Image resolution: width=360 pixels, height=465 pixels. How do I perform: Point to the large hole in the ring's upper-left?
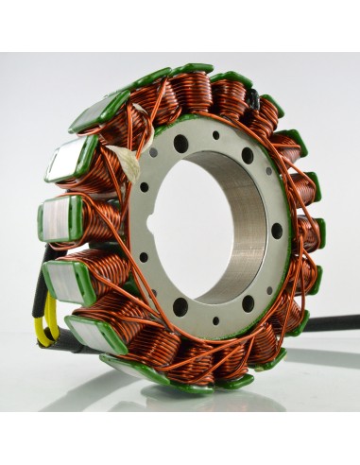[x=180, y=144]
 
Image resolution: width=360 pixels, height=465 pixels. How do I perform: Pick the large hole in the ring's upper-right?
[x=248, y=155]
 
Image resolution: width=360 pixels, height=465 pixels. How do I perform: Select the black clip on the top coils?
[x=254, y=95]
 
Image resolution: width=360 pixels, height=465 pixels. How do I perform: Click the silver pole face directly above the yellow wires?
[x=63, y=280]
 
